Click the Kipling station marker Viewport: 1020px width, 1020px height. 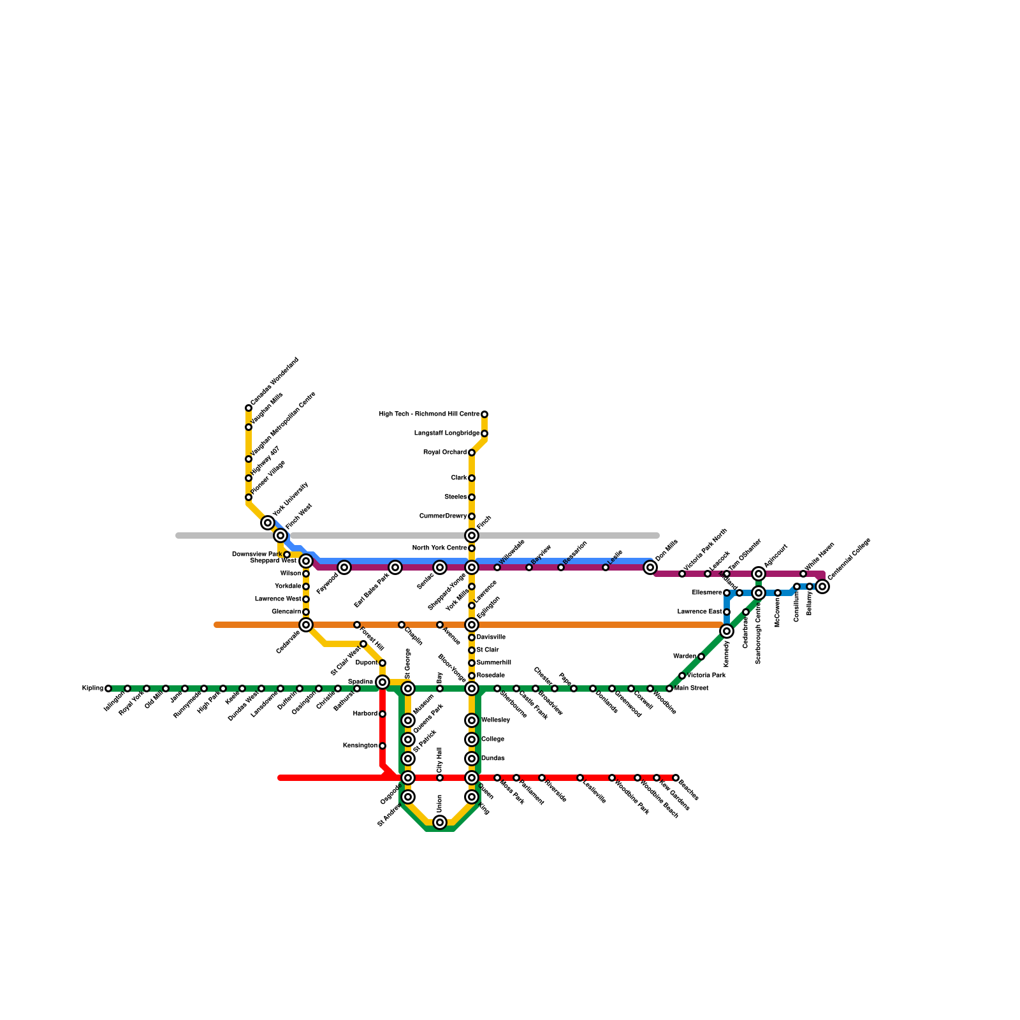(108, 688)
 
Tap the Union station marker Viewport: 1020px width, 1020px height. (440, 822)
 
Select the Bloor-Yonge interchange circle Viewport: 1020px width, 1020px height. (472, 688)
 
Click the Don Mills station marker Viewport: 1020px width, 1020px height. (650, 567)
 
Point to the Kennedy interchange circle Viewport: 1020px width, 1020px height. (727, 631)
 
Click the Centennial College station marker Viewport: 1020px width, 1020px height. (822, 586)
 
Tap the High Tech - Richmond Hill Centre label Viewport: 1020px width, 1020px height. (429, 414)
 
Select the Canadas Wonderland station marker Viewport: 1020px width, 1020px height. (249, 408)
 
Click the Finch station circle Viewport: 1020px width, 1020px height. (472, 535)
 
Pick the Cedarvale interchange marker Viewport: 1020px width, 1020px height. (306, 625)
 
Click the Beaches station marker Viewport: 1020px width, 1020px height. (676, 778)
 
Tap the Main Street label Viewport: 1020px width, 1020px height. (691, 688)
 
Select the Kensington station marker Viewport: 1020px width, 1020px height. (382, 746)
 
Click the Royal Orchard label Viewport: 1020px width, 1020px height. (445, 453)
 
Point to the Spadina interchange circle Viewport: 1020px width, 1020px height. (382, 682)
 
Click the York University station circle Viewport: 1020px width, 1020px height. (268, 523)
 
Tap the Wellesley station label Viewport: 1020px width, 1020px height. (495, 720)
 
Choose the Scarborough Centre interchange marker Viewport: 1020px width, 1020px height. (759, 593)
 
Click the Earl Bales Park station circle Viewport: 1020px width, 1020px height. (395, 567)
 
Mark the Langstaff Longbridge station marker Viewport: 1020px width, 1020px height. (484, 433)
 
